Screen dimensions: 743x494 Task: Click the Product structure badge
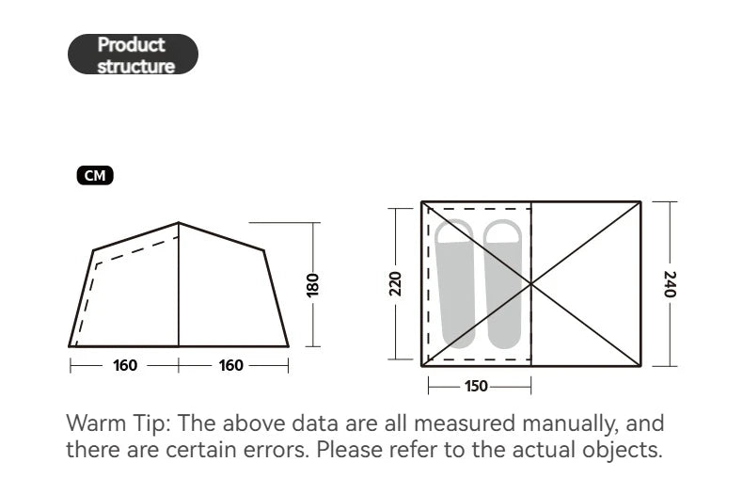coord(133,54)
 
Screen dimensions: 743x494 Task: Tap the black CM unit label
coord(95,175)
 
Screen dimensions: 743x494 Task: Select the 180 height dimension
coord(313,285)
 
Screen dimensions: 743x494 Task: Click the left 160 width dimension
coord(125,365)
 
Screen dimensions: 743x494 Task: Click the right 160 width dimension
coord(230,365)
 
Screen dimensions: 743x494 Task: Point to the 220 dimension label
coord(395,284)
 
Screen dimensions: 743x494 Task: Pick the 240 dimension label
coord(670,284)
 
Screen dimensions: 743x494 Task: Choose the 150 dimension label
coord(476,386)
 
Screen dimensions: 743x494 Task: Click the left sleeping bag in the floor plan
coord(455,283)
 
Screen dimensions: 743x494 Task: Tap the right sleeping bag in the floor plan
coord(503,283)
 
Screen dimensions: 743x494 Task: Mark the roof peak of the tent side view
coord(179,222)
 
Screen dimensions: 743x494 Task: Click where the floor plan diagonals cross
coord(531,284)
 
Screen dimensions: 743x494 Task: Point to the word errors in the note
coord(277,450)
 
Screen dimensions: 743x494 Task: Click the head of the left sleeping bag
coord(454,231)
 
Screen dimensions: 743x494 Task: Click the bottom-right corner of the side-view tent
coord(288,346)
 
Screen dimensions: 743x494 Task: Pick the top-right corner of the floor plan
coord(640,202)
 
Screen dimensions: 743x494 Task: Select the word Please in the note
coord(349,450)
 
